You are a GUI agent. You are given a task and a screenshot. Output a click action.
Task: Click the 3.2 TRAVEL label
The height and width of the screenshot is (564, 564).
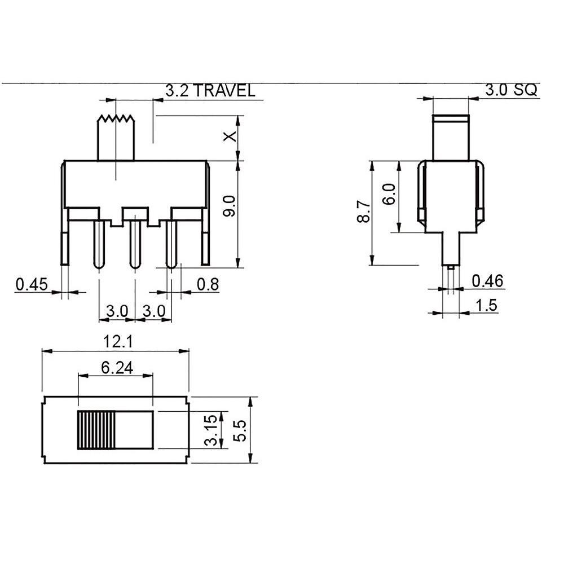click(x=210, y=90)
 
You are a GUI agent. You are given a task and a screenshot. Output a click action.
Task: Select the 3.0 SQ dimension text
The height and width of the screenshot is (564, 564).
click(x=511, y=90)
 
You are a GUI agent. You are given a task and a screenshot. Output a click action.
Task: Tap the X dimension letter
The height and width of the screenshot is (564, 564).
click(x=230, y=136)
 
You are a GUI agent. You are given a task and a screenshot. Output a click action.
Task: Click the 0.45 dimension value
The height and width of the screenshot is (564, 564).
click(x=32, y=284)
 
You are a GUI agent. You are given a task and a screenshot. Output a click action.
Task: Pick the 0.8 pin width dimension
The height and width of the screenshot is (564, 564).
click(x=208, y=284)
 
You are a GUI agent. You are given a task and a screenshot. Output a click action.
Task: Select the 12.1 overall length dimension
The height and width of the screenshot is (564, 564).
click(x=118, y=341)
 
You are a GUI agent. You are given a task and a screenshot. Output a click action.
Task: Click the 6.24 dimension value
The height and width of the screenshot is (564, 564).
click(x=117, y=368)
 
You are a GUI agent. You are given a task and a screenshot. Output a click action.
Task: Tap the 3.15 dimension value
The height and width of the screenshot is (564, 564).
click(x=211, y=430)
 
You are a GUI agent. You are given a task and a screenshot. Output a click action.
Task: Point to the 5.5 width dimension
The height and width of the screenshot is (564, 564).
click(x=240, y=430)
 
